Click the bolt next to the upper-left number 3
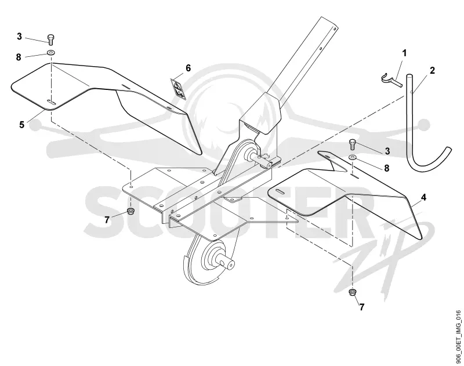(x=51, y=39)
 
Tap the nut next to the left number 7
(x=130, y=211)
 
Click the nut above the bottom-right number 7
(x=353, y=292)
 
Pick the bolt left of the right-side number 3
(x=353, y=144)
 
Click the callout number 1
(x=404, y=53)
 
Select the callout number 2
(x=432, y=70)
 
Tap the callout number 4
(x=424, y=197)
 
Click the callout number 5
(x=21, y=125)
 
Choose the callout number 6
(x=188, y=68)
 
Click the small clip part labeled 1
(x=390, y=80)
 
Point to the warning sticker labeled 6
(x=178, y=89)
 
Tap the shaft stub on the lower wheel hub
(x=227, y=263)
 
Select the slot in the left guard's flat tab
(x=52, y=102)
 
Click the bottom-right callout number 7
(x=361, y=307)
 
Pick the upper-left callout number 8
(x=19, y=57)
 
